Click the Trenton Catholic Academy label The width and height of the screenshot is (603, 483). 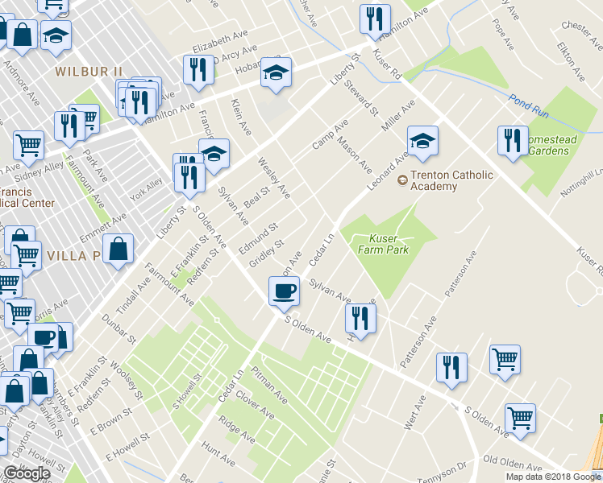[434, 180]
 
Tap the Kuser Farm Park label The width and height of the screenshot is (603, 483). [389, 244]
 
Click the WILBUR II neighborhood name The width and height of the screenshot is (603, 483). [89, 72]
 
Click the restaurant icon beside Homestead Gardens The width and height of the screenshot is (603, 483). [513, 142]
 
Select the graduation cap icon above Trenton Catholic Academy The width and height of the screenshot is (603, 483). [422, 142]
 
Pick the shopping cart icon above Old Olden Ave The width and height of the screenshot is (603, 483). [520, 418]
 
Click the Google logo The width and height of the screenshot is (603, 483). [27, 473]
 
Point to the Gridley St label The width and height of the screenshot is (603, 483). [266, 252]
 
